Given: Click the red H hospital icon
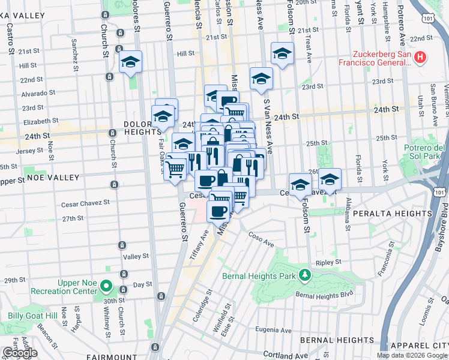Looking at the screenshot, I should tap(420, 58).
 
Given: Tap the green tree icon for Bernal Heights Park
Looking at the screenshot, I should tap(306, 275).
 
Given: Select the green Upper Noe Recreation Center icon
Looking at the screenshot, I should tap(106, 286).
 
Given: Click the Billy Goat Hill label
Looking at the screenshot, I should tap(32, 316).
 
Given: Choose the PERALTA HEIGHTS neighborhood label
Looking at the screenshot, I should tap(393, 213).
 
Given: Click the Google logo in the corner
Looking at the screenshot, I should tap(20, 353).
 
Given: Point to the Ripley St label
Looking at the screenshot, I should tap(329, 262).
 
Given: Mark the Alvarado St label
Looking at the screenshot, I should tap(38, 93).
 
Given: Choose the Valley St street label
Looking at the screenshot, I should tap(136, 256).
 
